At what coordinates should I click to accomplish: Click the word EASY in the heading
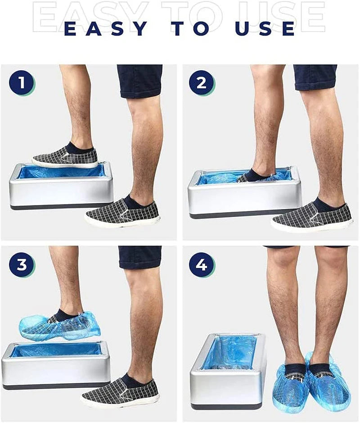tap(105, 28)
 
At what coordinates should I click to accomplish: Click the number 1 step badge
tap(21, 83)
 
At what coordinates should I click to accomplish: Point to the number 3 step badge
tap(21, 264)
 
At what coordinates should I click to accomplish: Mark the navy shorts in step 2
tap(315, 77)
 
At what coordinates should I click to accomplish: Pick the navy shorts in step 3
tap(140, 257)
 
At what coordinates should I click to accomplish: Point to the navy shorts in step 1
tap(139, 80)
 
